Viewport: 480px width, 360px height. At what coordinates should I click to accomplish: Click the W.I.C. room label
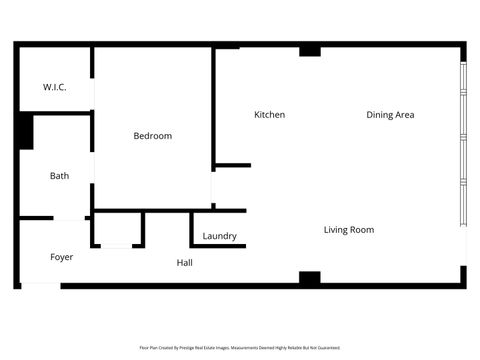tap(55, 88)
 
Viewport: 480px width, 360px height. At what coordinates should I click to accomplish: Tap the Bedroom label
tap(153, 136)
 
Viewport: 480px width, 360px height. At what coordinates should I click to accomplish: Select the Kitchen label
tap(269, 115)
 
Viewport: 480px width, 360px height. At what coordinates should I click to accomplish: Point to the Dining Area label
tap(390, 115)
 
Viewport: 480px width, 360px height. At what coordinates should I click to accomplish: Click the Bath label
tap(60, 176)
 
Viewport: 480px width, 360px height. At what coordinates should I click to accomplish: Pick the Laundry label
tap(219, 236)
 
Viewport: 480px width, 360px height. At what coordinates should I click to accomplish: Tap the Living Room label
tap(349, 230)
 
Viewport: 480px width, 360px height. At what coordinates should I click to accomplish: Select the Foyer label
tap(62, 257)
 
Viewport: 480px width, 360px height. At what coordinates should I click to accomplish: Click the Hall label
tap(185, 263)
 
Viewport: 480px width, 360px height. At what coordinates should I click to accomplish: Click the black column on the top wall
tap(310, 50)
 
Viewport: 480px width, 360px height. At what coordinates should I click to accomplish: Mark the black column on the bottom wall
tap(310, 278)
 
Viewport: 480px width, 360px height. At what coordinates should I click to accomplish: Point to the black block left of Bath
tap(24, 131)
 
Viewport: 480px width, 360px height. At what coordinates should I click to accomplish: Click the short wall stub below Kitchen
tap(232, 165)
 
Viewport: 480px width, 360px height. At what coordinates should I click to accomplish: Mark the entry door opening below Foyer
tap(40, 286)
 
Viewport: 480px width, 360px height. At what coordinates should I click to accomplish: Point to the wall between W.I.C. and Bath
tap(55, 113)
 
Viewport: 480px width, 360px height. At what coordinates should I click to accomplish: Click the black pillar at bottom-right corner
tap(463, 276)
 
